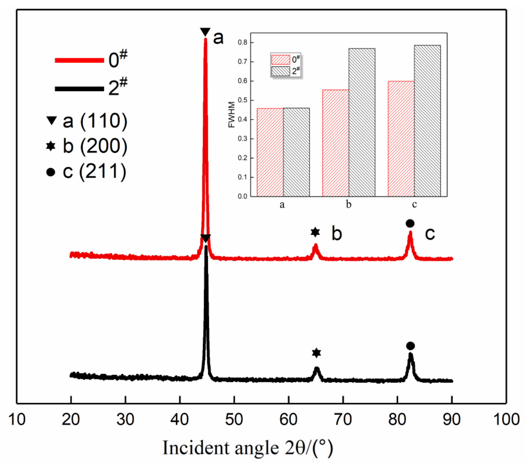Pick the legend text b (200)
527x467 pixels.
95,146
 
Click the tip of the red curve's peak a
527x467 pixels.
205,39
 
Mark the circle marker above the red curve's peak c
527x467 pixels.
410,223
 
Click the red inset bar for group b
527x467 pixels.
335,143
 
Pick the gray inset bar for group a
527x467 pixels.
296,152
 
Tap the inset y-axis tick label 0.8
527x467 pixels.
242,43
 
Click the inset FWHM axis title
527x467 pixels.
231,115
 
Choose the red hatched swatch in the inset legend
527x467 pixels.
280,60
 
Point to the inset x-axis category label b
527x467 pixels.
349,204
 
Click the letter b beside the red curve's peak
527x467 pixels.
336,233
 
